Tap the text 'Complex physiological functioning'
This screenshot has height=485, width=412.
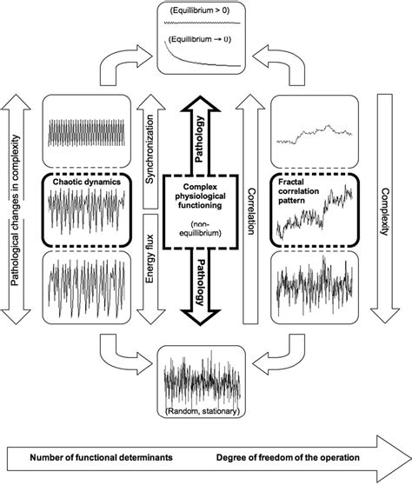(x=205, y=198)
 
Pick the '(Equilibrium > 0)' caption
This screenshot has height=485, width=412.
(x=205, y=14)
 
